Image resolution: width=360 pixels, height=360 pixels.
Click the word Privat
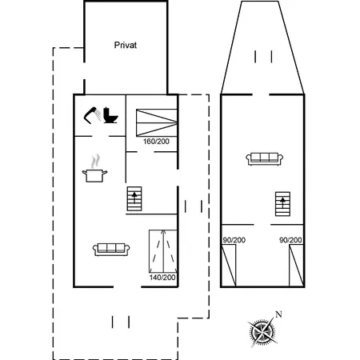point(125,46)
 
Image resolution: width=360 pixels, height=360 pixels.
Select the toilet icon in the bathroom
point(110,116)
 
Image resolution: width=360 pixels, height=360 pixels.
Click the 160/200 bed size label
point(156,141)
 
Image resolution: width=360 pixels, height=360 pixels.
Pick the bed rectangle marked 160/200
point(156,122)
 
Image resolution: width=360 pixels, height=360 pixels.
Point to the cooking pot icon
point(97,172)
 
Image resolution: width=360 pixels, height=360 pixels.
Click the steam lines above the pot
point(97,159)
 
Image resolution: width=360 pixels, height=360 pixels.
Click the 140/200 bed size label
point(162,277)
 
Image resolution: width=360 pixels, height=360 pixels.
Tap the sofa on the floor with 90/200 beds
point(263,158)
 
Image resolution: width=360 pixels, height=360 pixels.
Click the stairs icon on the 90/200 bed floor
point(281,205)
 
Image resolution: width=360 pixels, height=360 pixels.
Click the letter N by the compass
point(278,314)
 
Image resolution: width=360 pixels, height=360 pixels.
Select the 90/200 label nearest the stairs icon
point(290,240)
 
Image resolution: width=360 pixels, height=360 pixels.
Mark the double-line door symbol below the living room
point(121,321)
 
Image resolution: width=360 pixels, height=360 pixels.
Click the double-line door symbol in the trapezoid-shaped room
point(262,57)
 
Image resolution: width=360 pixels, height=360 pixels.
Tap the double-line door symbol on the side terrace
point(193,206)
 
